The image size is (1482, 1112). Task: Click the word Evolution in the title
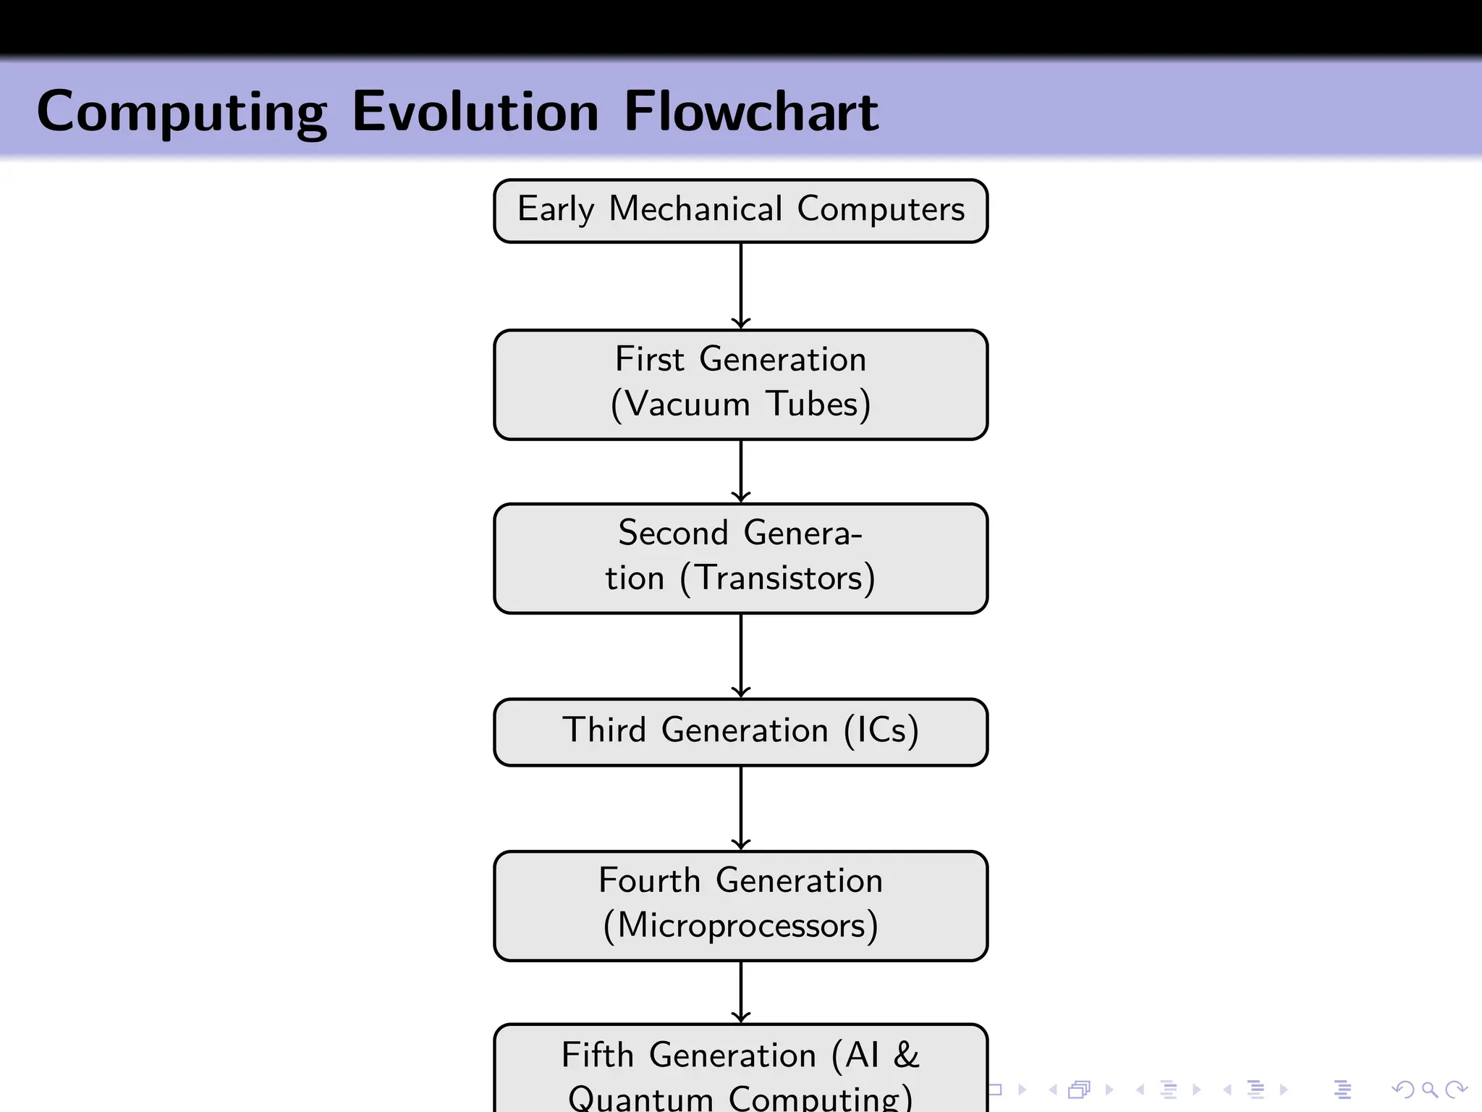coord(475,112)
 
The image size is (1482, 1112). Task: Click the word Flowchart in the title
coord(750,112)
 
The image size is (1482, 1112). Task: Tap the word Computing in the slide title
coord(182,114)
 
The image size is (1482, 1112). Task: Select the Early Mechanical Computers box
coord(740,211)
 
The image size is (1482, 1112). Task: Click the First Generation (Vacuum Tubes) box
coord(740,384)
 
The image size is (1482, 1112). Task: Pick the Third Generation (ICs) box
coord(740,731)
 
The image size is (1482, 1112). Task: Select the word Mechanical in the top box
coord(695,209)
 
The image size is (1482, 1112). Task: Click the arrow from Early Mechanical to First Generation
coord(740,286)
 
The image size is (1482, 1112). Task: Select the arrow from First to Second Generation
coord(740,471)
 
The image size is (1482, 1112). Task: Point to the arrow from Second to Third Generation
coord(740,656)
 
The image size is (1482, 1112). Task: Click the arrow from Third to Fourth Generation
coord(740,808)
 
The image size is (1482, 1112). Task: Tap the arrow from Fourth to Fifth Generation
coord(740,992)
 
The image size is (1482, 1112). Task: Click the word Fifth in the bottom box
coord(598,1055)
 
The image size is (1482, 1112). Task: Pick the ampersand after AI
coord(906,1055)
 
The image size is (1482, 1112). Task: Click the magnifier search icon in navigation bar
coord(1429,1089)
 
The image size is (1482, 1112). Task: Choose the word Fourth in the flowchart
coord(649,881)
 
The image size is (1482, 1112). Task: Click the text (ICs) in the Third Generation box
coord(881,730)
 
